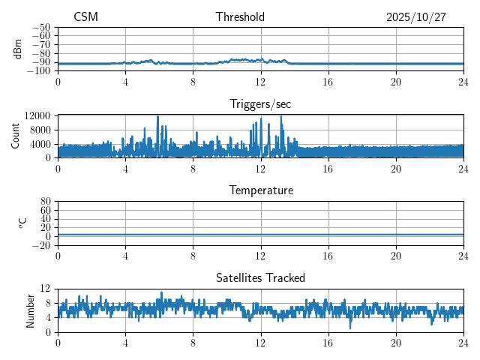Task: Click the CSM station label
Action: click(85, 17)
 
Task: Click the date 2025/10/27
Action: click(416, 17)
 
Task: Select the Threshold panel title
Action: click(240, 17)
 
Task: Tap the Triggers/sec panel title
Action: click(261, 103)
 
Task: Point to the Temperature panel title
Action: click(261, 190)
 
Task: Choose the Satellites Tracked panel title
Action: click(261, 277)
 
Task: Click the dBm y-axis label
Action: click(18, 49)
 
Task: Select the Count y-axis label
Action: click(15, 136)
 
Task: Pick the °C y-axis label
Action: click(22, 223)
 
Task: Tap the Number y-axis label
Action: click(30, 310)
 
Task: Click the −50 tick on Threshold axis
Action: click(41, 27)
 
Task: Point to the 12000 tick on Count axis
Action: click(37, 115)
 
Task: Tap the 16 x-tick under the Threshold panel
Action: click(328, 82)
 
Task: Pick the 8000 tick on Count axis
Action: click(39, 130)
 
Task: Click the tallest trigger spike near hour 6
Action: click(157, 116)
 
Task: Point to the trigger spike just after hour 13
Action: click(281, 116)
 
